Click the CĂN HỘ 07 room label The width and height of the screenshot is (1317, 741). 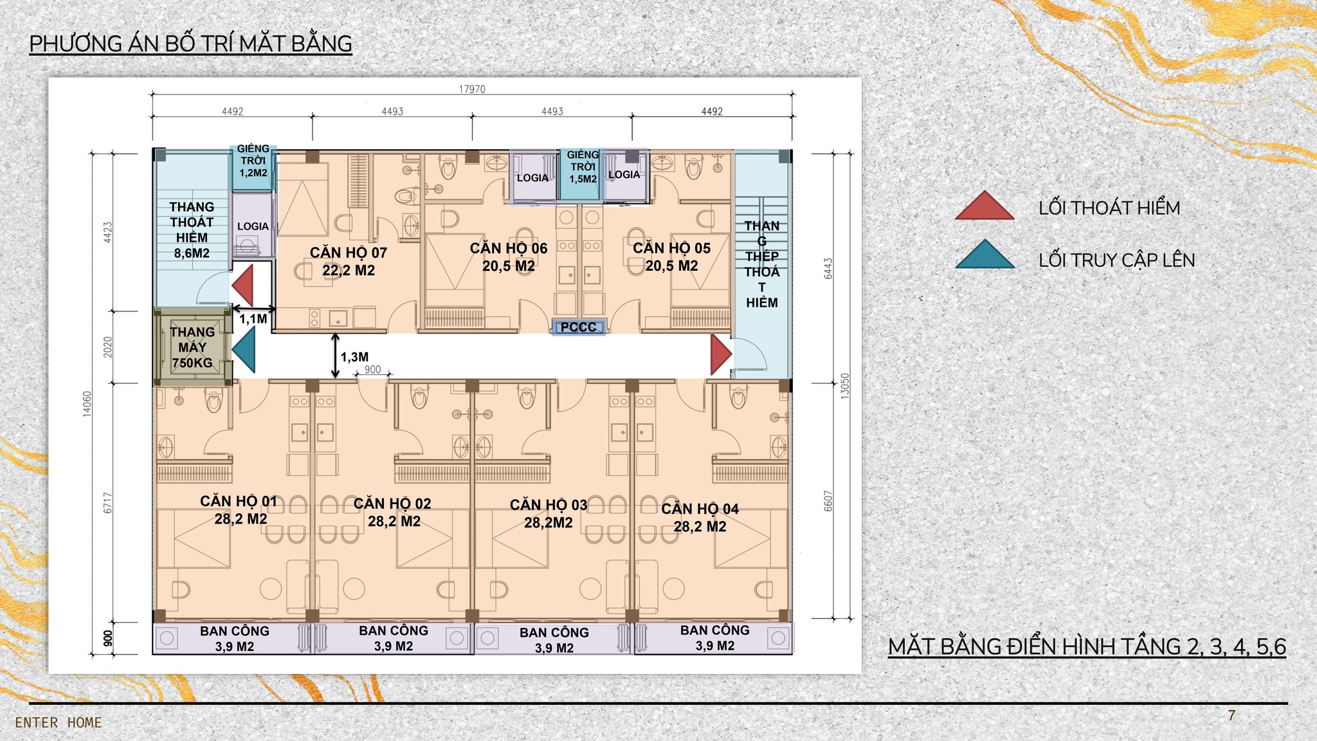coord(348,261)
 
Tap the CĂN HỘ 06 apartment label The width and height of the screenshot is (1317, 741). coord(509,257)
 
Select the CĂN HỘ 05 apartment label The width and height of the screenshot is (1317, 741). coord(672,257)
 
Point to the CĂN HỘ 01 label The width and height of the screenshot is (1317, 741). coord(239,510)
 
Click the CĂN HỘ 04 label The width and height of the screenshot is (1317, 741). coord(700,518)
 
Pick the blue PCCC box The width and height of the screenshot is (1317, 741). coord(579,327)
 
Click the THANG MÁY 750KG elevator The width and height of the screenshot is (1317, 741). coord(192,347)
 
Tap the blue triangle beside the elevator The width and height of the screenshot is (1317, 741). coord(243,350)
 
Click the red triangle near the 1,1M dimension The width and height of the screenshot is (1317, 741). coord(242,285)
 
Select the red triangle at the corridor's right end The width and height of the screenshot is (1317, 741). coord(721,354)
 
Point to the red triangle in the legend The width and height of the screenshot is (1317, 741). coord(985,205)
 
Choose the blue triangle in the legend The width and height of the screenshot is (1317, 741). coord(985,254)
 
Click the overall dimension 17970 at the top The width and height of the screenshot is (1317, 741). coord(472,89)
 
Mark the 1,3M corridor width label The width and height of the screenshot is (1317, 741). coord(354,357)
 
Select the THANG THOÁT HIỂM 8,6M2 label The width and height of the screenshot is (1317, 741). coord(192,230)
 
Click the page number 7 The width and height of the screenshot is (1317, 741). coord(1231,715)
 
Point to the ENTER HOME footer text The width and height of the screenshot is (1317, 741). coord(59,723)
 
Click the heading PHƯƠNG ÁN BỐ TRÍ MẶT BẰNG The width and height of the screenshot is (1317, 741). coord(191,44)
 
